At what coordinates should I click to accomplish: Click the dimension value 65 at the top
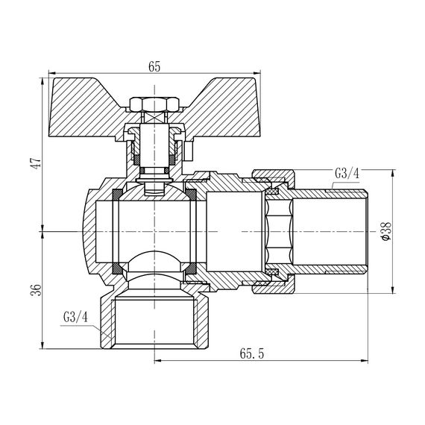[154, 66]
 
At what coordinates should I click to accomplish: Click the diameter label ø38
[384, 233]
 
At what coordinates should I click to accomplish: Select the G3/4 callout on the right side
[347, 174]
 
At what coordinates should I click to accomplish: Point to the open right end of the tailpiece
[368, 232]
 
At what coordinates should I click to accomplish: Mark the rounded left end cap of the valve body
[88, 232]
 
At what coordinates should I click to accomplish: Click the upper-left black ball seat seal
[117, 195]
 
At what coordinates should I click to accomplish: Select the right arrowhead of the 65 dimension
[258, 75]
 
